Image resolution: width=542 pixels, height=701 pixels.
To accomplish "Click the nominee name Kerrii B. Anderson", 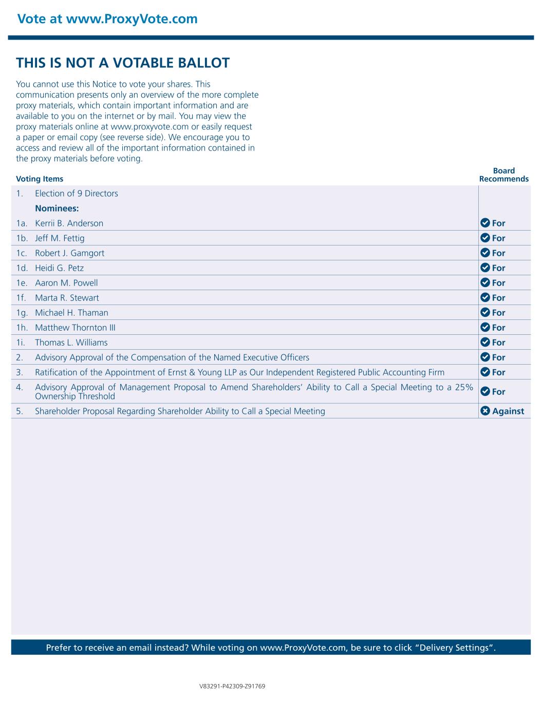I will [x=69, y=223].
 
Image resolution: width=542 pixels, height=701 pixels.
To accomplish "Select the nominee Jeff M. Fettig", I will [x=60, y=238].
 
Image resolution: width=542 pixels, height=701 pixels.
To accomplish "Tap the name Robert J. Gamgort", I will [x=69, y=253].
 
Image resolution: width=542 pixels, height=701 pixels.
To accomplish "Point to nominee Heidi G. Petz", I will [x=59, y=268].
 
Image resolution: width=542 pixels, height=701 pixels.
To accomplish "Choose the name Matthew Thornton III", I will [x=71, y=328].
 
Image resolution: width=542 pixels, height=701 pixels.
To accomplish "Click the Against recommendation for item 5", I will [x=508, y=411].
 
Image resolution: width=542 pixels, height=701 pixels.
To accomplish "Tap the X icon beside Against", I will [x=485, y=411].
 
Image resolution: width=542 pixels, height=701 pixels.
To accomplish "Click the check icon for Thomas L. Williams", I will [x=485, y=343].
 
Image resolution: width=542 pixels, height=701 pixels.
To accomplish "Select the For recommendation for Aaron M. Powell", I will [x=498, y=283].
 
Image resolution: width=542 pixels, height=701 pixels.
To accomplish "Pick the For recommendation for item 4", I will [x=498, y=392].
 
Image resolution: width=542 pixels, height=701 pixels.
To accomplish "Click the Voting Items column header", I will [x=40, y=179].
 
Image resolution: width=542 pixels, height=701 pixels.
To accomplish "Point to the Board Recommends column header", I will [x=503, y=175].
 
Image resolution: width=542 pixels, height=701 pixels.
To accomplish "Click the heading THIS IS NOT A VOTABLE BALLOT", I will [x=123, y=63].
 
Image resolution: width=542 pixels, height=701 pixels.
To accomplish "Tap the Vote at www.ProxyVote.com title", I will [x=107, y=19].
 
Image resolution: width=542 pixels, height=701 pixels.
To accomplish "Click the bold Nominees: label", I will [x=57, y=209].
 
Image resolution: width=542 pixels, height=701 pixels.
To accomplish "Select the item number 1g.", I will [x=22, y=313].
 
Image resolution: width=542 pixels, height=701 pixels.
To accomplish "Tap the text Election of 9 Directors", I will [x=77, y=194].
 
